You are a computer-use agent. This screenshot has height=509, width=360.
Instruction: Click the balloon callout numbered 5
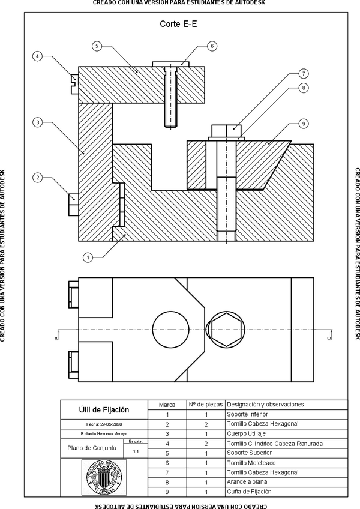click(97, 46)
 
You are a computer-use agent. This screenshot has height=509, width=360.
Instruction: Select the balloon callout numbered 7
click(304, 74)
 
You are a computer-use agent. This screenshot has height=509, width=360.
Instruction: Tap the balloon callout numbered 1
click(88, 258)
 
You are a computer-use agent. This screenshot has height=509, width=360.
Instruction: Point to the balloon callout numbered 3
click(37, 122)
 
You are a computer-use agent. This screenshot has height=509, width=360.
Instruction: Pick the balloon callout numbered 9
click(304, 124)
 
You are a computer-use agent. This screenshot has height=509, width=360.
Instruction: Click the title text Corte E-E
click(179, 24)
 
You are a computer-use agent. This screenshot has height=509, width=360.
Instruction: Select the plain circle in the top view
click(170, 329)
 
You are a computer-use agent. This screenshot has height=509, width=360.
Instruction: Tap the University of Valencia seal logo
click(104, 478)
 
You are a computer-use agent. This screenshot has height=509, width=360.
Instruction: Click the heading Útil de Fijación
click(104, 410)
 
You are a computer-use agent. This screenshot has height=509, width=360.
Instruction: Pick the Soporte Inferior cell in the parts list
click(247, 414)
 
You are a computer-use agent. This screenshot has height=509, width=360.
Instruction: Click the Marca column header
click(167, 405)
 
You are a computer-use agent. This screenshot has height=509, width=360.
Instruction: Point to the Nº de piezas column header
click(206, 405)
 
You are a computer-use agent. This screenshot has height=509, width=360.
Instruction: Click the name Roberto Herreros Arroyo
click(104, 433)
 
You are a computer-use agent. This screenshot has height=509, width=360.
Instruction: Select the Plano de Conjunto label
click(89, 448)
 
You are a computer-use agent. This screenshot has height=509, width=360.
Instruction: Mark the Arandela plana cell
click(247, 482)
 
